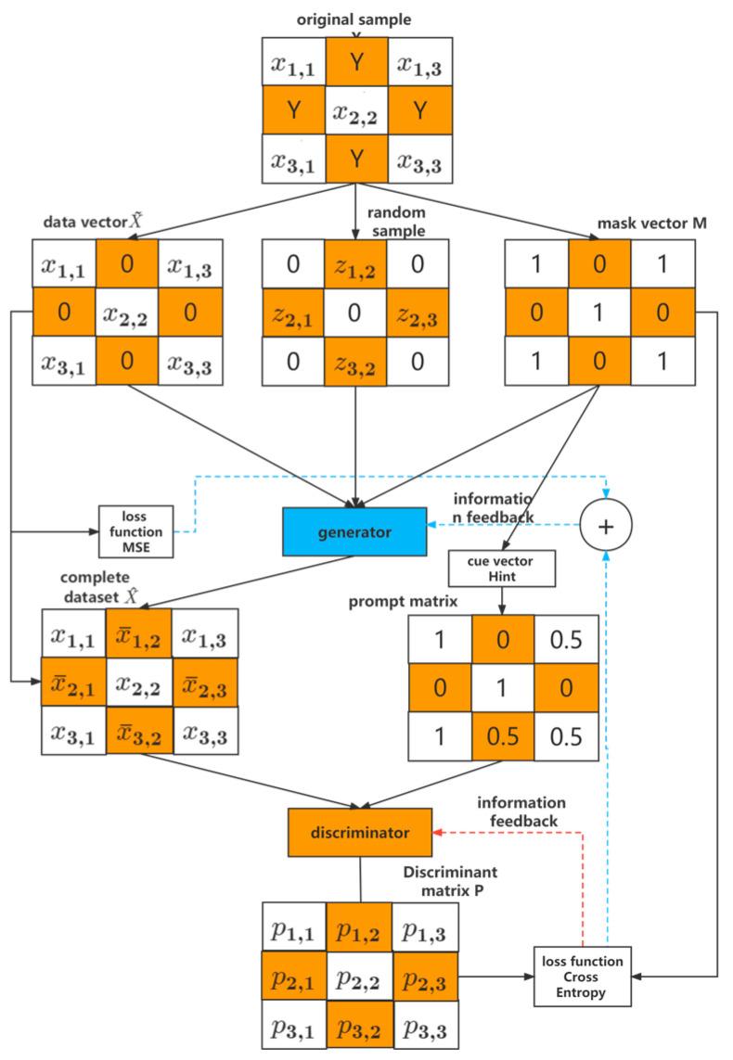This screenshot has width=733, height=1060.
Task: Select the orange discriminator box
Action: point(360,833)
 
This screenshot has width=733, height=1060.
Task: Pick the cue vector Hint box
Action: point(501,568)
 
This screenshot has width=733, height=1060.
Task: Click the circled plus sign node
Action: point(606,525)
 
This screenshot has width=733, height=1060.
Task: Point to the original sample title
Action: point(355,18)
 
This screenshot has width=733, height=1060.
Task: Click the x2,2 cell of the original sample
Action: point(355,110)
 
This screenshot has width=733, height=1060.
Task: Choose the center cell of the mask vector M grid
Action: point(598,312)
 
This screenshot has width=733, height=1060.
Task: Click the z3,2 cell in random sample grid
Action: point(355,359)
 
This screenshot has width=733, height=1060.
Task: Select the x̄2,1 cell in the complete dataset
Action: point(73,682)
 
